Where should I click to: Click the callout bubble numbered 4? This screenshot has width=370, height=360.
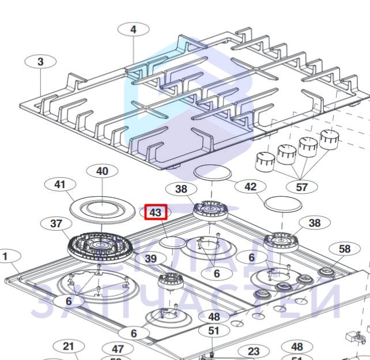click(x=133, y=29)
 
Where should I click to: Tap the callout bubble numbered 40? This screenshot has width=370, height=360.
click(x=102, y=171)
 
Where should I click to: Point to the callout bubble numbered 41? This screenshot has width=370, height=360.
click(x=60, y=185)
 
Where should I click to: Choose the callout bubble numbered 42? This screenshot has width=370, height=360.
click(x=251, y=187)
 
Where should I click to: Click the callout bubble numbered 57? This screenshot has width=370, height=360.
click(x=302, y=187)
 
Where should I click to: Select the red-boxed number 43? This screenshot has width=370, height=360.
click(x=156, y=212)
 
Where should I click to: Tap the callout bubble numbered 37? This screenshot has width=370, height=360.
click(x=56, y=223)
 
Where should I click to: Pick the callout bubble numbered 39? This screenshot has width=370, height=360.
click(x=151, y=259)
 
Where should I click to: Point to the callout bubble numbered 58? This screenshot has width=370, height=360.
click(x=344, y=249)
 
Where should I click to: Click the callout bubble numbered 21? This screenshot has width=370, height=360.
click(x=69, y=346)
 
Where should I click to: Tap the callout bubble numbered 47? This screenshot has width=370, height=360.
click(x=118, y=350)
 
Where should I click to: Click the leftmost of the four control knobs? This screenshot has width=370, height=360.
click(x=264, y=161)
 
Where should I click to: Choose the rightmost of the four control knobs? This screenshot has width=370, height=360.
click(x=330, y=138)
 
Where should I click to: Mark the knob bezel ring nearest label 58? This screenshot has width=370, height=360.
click(x=326, y=273)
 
